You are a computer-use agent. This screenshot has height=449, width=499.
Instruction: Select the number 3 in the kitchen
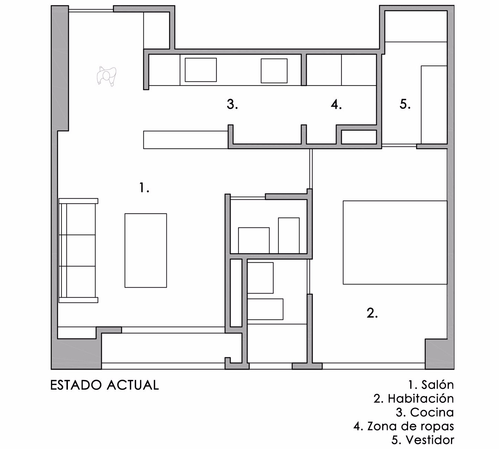(232, 104)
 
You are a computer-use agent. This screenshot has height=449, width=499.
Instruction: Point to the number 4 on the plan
(336, 105)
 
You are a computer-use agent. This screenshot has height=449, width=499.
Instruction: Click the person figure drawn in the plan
(106, 76)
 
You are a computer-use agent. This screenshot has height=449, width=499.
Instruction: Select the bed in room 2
(395, 242)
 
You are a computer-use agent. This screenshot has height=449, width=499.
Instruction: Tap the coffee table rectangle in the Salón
(145, 251)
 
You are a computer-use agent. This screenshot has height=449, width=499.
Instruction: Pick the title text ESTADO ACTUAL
(104, 385)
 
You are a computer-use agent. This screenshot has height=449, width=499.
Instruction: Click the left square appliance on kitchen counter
(201, 70)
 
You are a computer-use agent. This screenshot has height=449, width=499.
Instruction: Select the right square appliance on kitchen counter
(274, 71)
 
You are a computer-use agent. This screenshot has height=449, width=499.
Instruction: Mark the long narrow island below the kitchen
(186, 140)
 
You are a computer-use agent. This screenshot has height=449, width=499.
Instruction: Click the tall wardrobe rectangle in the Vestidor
(434, 105)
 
